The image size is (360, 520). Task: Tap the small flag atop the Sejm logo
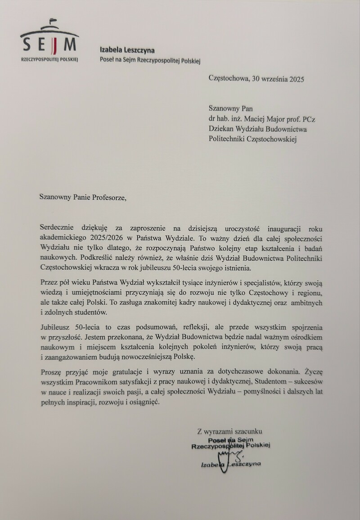click(54, 20)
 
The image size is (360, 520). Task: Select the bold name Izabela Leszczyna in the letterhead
click(127, 51)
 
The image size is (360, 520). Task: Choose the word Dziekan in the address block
click(220, 129)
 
